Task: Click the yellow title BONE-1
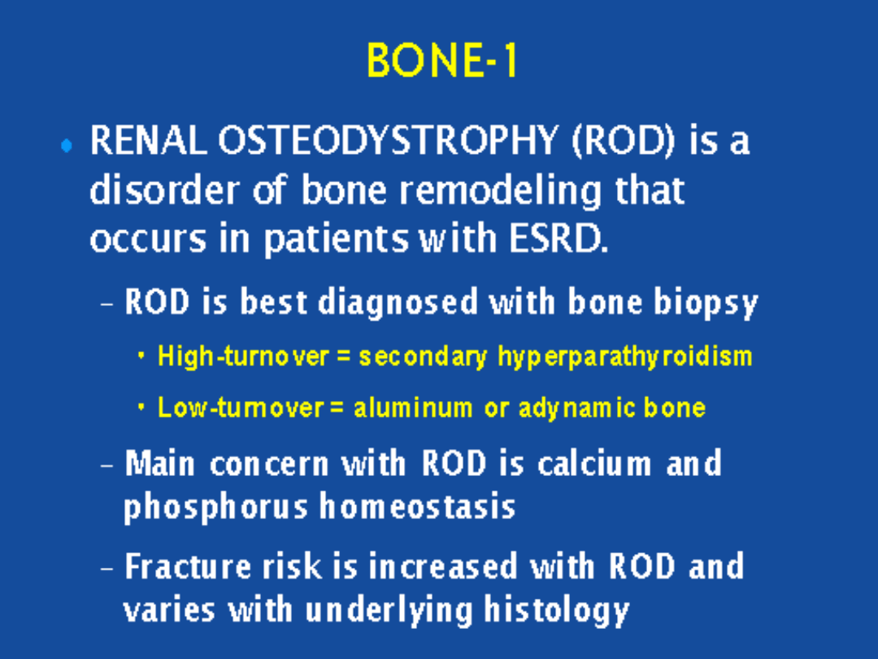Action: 441,60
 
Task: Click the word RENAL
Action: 149,140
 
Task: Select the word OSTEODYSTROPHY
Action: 388,140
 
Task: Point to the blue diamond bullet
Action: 67,146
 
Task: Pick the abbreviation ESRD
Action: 558,239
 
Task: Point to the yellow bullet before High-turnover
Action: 141,356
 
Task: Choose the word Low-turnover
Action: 241,408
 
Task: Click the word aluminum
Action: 413,408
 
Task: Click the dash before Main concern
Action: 107,465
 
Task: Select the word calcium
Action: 594,465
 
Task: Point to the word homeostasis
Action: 417,506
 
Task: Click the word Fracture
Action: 188,566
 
